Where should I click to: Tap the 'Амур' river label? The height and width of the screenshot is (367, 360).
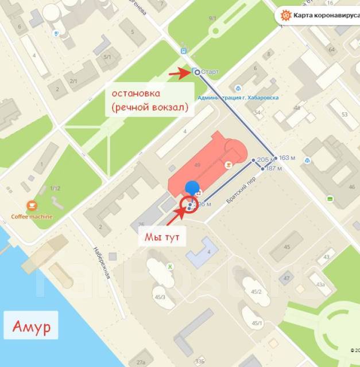click(x=30, y=328)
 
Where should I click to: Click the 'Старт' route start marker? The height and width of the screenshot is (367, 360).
click(x=197, y=72)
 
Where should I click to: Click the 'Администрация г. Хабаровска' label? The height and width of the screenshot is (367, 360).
click(x=238, y=97)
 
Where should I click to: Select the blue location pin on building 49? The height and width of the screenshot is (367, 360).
click(x=192, y=188)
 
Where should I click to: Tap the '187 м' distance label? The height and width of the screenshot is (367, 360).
click(x=274, y=169)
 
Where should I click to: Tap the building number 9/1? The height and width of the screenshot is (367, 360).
click(x=213, y=19)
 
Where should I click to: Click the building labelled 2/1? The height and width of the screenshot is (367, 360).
click(x=73, y=81)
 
